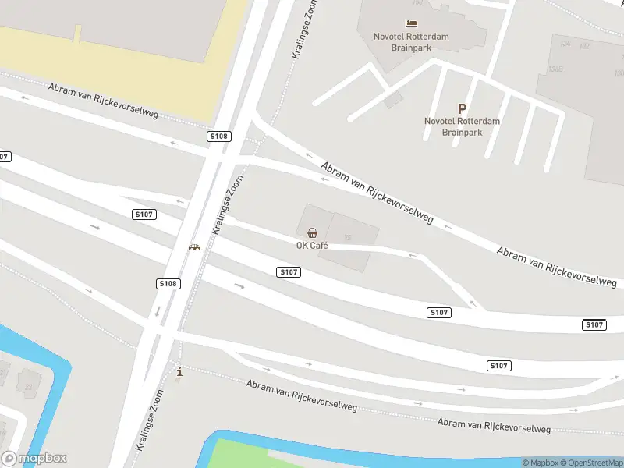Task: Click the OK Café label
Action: [312, 246]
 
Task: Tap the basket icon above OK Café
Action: [312, 232]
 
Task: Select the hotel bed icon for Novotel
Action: [411, 24]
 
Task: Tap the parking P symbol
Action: [462, 109]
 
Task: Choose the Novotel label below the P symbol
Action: [462, 126]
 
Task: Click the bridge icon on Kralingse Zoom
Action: [194, 247]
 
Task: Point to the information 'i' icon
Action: [180, 372]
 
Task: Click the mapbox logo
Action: [34, 459]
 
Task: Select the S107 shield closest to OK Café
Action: [289, 271]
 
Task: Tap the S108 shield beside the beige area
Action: [218, 136]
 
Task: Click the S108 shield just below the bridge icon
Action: [167, 284]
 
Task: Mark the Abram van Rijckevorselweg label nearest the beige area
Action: [103, 101]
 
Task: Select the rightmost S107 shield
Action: [594, 324]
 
